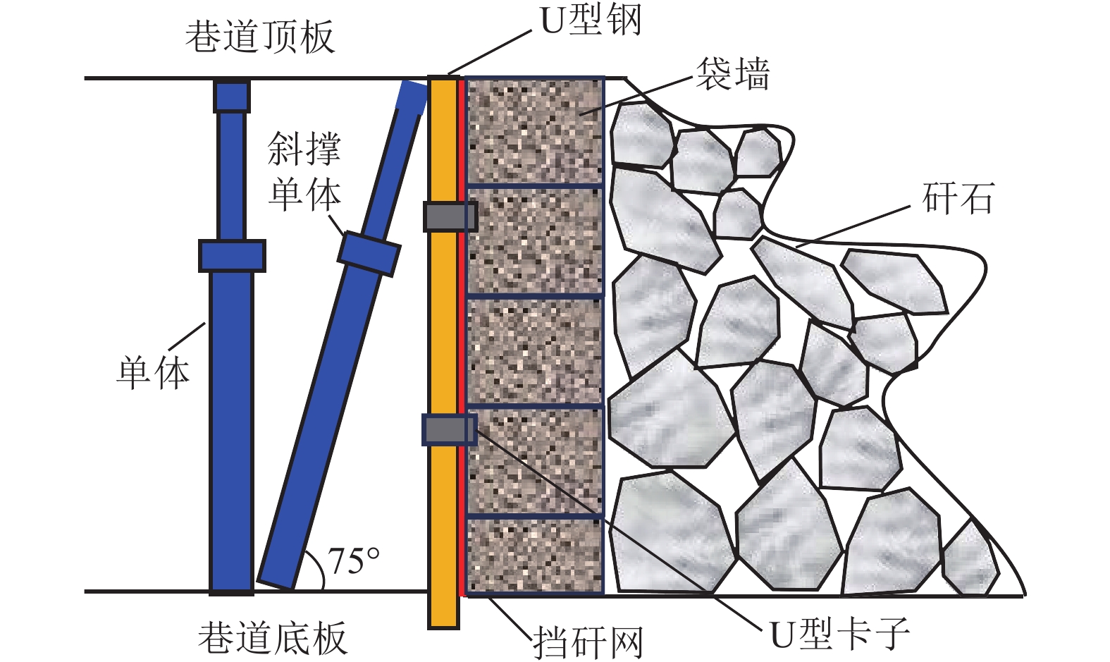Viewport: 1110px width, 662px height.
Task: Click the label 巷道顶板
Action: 259,37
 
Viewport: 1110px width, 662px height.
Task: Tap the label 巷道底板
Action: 272,637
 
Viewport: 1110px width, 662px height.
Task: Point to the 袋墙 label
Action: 732,74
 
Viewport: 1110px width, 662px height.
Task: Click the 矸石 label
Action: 958,198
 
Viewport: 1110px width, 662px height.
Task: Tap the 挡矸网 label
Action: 588,642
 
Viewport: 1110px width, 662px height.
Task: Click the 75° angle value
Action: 354,561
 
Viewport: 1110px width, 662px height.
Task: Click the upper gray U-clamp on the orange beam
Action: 450,216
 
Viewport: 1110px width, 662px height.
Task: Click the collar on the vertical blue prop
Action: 232,256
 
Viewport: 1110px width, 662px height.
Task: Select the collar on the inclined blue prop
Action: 369,254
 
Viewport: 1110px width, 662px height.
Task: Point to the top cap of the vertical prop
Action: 232,97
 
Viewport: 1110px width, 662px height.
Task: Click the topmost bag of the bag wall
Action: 535,131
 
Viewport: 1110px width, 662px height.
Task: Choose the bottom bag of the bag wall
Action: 535,556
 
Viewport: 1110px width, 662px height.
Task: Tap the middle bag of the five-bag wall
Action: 535,350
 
